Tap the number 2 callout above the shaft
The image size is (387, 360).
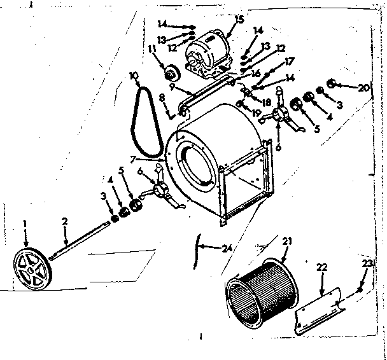tap(64, 221)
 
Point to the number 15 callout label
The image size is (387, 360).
tap(239, 19)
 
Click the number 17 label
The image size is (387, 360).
tap(290, 61)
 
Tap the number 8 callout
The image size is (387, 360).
tap(162, 97)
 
